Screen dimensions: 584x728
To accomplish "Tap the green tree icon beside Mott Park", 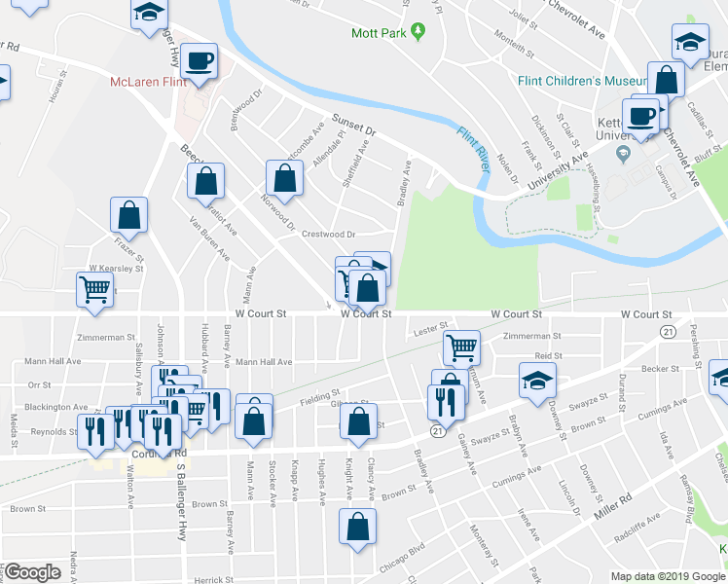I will tap(419, 32).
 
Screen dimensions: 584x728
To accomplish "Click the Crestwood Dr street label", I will tap(329, 235).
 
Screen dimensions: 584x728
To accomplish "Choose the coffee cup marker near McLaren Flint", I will tap(200, 62).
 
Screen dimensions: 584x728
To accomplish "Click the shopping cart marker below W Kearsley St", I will tap(94, 289).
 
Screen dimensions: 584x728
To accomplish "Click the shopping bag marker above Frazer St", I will tap(128, 215).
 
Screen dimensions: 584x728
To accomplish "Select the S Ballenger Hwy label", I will tap(181, 502).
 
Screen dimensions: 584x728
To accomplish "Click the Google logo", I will tap(32, 573).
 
